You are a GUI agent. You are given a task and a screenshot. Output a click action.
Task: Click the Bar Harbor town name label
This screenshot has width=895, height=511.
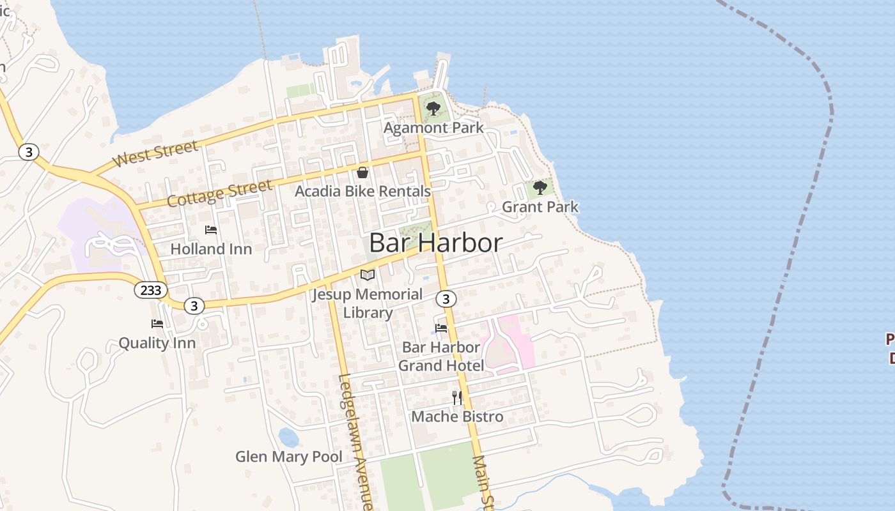tap(436, 243)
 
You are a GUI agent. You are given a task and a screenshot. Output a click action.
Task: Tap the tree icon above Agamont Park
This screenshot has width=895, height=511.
tap(433, 108)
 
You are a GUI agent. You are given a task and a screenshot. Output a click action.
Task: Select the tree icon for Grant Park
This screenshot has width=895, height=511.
tap(540, 187)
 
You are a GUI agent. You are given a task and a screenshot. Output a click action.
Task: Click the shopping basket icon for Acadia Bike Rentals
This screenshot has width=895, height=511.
tap(362, 172)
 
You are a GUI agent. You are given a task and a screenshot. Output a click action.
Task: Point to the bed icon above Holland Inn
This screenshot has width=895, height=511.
tap(211, 230)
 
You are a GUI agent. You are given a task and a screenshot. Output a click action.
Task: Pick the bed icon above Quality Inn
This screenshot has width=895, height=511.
tap(157, 324)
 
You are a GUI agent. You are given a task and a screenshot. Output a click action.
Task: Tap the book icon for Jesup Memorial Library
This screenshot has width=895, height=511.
tap(368, 275)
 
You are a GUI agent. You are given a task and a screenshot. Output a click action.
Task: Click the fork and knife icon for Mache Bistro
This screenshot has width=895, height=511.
tap(457, 398)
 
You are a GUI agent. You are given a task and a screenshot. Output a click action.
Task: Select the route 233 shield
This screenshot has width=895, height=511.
tap(151, 289)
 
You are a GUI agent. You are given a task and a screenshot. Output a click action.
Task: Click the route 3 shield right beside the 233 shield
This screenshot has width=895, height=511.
tap(194, 306)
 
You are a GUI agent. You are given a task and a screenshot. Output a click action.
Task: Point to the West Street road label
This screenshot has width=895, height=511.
tap(155, 154)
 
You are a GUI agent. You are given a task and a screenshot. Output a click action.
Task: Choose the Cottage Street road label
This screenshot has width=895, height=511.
tap(219, 193)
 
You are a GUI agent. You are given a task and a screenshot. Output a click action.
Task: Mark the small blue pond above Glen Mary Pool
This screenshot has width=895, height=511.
tap(288, 438)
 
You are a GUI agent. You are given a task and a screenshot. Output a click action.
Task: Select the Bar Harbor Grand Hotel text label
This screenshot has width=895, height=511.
tap(440, 356)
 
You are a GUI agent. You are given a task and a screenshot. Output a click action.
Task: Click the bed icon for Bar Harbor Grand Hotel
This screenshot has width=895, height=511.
tap(441, 328)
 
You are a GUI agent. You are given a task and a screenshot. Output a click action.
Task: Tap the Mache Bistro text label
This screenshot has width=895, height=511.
tap(457, 416)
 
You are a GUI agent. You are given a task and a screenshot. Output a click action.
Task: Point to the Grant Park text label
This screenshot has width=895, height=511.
tap(540, 207)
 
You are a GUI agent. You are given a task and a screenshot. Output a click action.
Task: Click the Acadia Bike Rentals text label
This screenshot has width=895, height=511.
tap(362, 191)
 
